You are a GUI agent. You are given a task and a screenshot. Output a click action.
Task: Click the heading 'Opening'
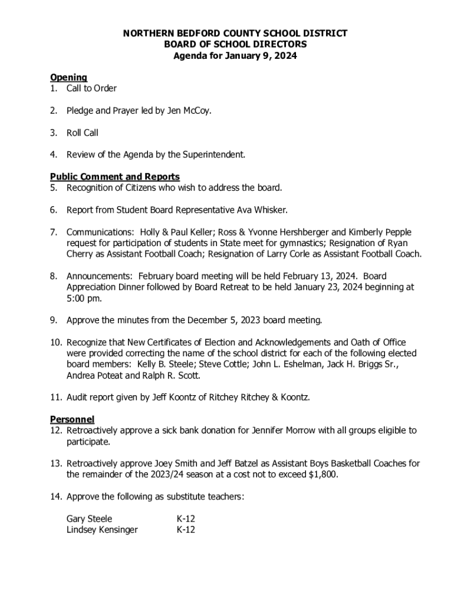(68, 77)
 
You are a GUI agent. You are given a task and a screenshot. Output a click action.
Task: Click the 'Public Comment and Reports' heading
(114, 177)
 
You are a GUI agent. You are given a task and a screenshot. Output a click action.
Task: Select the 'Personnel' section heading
(72, 419)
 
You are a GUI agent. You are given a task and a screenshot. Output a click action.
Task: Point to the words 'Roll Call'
(82, 133)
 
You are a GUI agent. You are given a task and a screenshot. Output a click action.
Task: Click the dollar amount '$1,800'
(323, 475)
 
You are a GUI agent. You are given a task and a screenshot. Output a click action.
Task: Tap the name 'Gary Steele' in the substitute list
(89, 519)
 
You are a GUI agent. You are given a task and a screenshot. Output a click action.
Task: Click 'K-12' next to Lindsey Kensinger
(186, 530)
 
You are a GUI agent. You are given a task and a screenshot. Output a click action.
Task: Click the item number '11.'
(56, 397)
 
